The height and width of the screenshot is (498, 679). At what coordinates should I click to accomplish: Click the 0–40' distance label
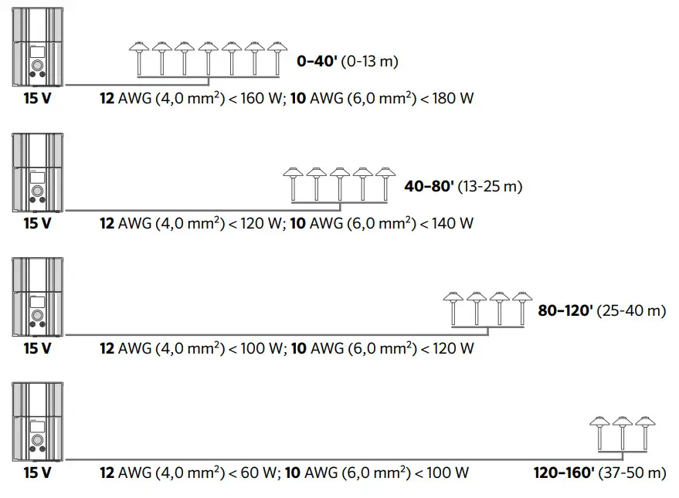tap(317, 62)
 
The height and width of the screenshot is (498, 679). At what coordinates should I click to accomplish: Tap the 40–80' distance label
tap(428, 186)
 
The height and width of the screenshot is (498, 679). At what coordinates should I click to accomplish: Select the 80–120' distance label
tap(565, 310)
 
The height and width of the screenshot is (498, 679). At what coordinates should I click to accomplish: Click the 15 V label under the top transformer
tap(37, 99)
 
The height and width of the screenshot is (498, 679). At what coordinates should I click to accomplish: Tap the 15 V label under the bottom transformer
tap(37, 473)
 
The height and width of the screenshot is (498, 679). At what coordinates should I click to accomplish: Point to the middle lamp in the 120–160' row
tap(622, 432)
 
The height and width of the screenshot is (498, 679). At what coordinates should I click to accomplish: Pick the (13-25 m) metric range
tap(490, 186)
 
